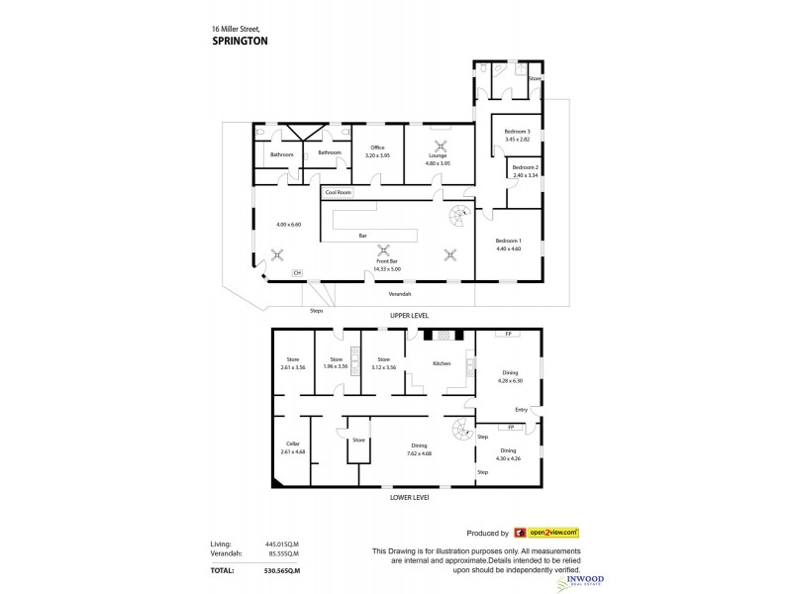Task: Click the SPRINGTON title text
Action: coord(240,43)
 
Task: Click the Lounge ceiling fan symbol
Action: coord(438,140)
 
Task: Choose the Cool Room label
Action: coord(338,192)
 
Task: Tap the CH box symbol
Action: coord(295,272)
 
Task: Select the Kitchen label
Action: coord(442,364)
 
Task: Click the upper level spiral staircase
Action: coord(461,217)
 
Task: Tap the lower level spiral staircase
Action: coord(461,432)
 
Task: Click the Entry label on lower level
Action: coord(521,410)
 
